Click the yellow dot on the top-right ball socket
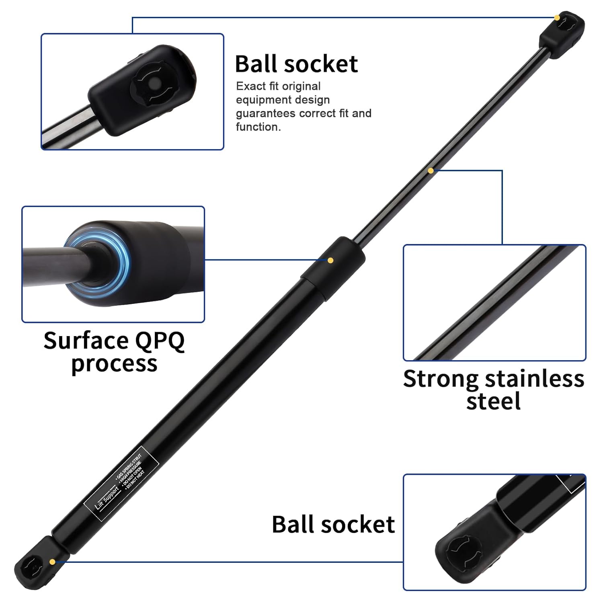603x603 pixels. [x=557, y=18]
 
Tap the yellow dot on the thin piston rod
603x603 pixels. [x=431, y=171]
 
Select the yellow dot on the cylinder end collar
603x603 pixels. [x=330, y=260]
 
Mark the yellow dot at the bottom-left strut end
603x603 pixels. [x=52, y=561]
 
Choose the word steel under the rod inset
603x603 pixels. [x=493, y=401]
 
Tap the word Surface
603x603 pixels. [x=85, y=341]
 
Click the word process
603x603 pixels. [x=114, y=364]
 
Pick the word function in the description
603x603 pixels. [x=257, y=127]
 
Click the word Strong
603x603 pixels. [x=441, y=379]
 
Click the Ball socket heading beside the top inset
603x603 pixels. [x=296, y=64]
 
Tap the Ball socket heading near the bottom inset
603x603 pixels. [x=333, y=524]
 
